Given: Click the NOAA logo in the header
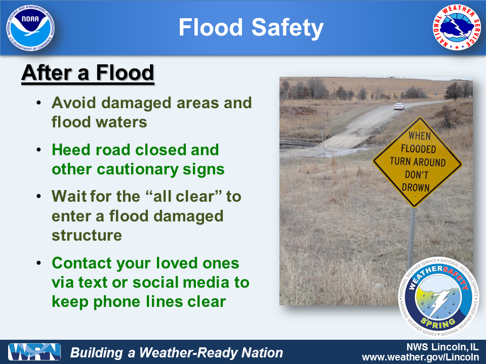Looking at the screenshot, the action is click(x=30, y=28).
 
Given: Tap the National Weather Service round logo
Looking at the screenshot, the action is click(x=457, y=27).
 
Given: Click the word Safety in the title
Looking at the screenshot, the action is click(x=288, y=28).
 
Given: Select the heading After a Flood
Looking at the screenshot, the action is click(x=88, y=73).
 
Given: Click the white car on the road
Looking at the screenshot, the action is click(x=399, y=106).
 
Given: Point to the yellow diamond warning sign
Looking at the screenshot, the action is click(x=417, y=162).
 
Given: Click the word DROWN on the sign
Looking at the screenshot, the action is click(x=416, y=188).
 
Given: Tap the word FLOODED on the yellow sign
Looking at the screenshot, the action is click(x=418, y=149).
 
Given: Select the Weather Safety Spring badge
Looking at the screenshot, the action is click(x=438, y=297).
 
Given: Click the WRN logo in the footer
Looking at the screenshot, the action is click(x=34, y=352).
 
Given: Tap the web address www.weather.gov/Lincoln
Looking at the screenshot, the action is click(x=420, y=357).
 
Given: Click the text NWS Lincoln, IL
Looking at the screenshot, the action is click(x=442, y=346).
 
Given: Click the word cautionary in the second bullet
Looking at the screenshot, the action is click(x=137, y=169).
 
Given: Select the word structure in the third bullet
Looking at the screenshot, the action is click(x=87, y=235).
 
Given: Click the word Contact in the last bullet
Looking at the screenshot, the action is click(x=82, y=263).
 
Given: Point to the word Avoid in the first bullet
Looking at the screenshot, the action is click(x=74, y=103).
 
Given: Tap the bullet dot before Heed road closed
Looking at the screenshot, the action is click(x=39, y=150).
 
